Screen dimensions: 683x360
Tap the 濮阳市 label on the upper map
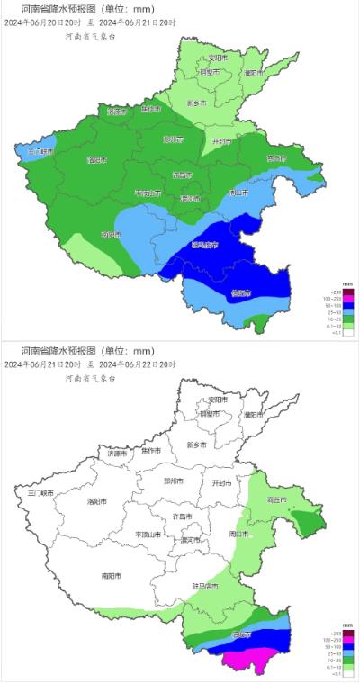point(255,72)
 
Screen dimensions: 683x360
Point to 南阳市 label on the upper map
point(111,236)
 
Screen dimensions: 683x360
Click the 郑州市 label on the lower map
point(173,481)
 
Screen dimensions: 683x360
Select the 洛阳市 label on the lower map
point(97,501)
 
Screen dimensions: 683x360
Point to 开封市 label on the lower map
point(221,483)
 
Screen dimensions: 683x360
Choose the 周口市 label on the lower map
point(239,534)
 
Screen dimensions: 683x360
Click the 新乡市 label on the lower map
point(197,445)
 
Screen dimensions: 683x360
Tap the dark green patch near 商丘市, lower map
point(310,522)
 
